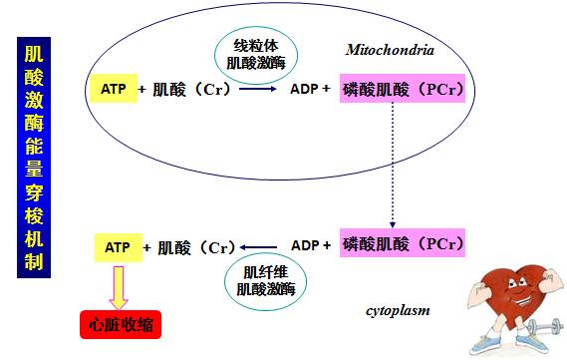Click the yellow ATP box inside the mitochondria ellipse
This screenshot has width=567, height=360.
tap(114, 89)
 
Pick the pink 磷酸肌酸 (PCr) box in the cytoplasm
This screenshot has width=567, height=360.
tap(403, 244)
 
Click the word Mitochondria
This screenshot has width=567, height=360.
tap(390, 50)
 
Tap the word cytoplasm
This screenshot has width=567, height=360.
tap(397, 311)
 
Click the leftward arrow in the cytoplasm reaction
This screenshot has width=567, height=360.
tap(262, 246)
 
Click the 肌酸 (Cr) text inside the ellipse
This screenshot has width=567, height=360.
tap(190, 89)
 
